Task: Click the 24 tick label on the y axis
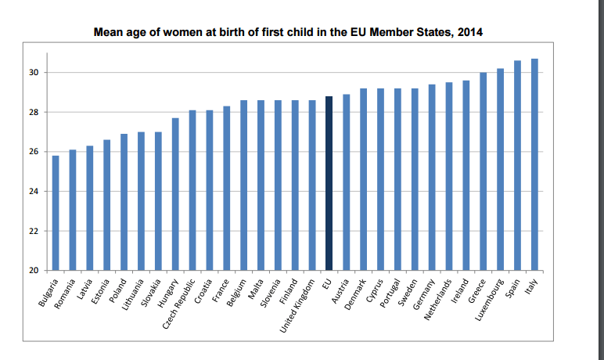coord(34,192)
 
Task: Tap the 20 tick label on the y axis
coord(34,271)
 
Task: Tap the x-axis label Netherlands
coord(439,301)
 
